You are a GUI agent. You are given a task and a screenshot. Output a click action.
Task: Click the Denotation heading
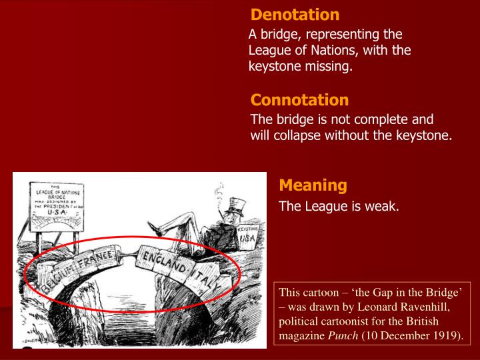(x=295, y=15)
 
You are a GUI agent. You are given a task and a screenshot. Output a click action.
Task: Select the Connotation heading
(x=299, y=100)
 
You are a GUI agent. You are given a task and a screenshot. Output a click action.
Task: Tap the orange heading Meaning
(x=313, y=185)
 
